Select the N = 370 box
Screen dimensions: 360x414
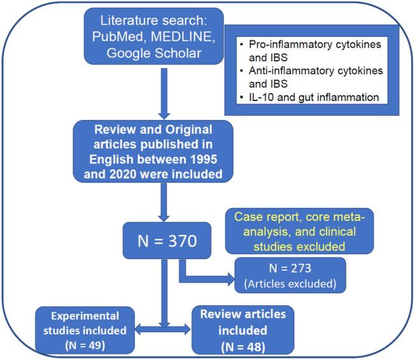click(x=165, y=241)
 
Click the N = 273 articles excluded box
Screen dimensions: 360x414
click(x=290, y=274)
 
